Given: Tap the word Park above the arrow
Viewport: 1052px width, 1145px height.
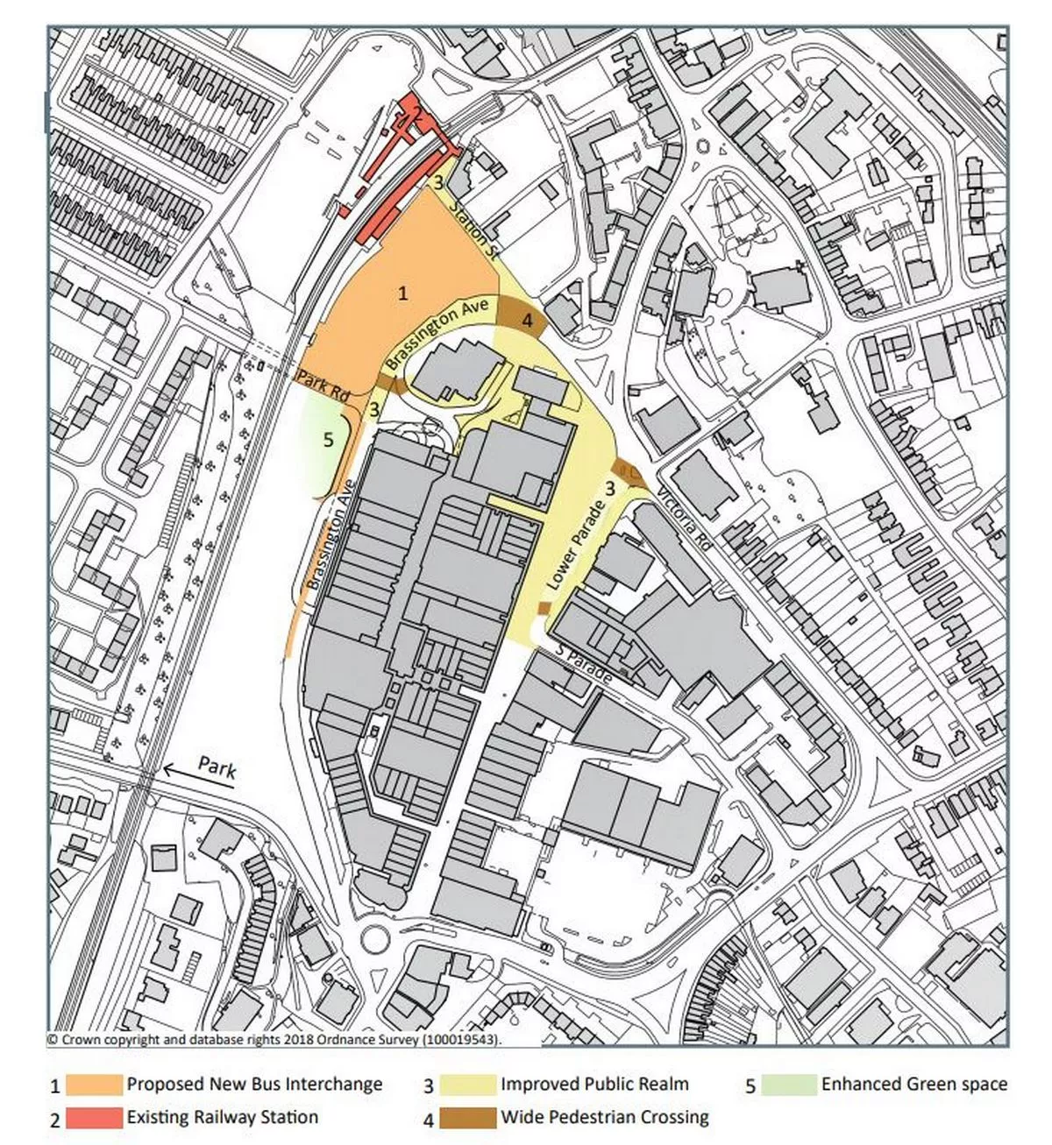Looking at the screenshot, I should (x=217, y=766).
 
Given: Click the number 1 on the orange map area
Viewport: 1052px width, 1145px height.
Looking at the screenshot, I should (x=402, y=293).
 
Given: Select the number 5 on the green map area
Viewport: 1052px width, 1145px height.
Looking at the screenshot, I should (x=329, y=440).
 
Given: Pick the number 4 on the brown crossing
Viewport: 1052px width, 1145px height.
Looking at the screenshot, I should (x=526, y=321).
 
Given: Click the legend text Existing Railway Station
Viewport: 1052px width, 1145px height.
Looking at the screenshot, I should (x=223, y=1117).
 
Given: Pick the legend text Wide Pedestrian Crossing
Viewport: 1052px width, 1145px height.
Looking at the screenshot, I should (x=605, y=1118).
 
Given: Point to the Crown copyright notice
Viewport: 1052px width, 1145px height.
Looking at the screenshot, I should (x=279, y=1040).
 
